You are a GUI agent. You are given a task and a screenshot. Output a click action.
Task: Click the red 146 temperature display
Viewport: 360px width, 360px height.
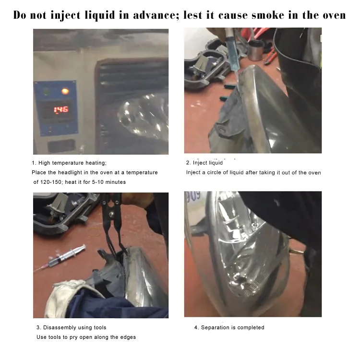[60, 109]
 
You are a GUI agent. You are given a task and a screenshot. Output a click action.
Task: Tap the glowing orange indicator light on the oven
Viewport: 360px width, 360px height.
[65, 91]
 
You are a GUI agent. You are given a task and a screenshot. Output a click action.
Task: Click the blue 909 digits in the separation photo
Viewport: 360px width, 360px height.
[193, 196]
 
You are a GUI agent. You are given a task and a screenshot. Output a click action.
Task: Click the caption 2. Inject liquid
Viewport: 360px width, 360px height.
[204, 163]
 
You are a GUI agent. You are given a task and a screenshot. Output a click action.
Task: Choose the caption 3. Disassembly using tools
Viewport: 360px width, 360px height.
[71, 327]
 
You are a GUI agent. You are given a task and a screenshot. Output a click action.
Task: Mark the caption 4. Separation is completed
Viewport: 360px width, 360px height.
[229, 327]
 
